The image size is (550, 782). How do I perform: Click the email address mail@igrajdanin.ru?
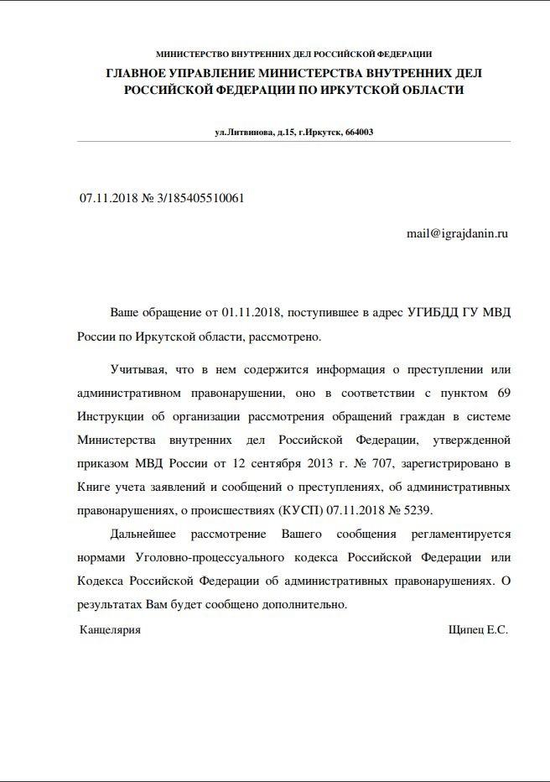[x=458, y=235]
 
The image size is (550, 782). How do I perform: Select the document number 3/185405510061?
[x=200, y=199]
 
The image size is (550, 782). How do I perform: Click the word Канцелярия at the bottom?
[x=110, y=629]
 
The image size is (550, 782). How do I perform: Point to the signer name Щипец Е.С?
[x=479, y=629]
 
